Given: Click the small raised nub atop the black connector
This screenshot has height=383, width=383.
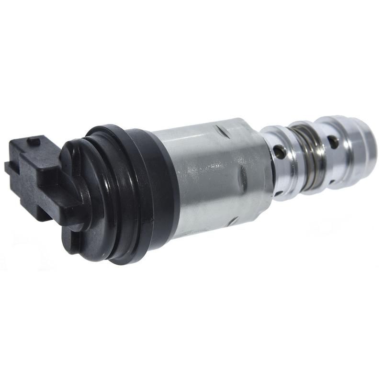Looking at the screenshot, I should pos(34,141).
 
